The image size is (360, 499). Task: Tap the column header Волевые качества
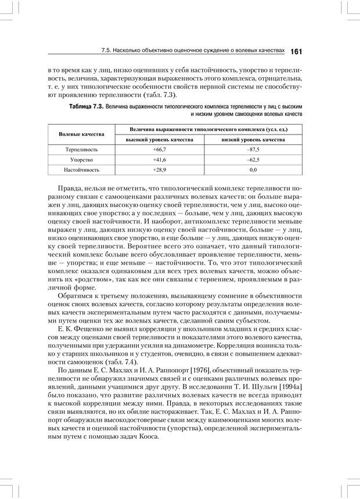pos(82,134)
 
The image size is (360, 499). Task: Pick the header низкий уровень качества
pos(253,140)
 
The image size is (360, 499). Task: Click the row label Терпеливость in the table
pos(82,150)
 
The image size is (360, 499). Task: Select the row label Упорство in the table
pos(82,160)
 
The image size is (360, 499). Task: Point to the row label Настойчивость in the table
pos(82,170)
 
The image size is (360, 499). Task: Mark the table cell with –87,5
pos(253,150)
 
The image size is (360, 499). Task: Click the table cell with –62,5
pos(253,160)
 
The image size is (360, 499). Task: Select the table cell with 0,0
pos(253,170)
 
